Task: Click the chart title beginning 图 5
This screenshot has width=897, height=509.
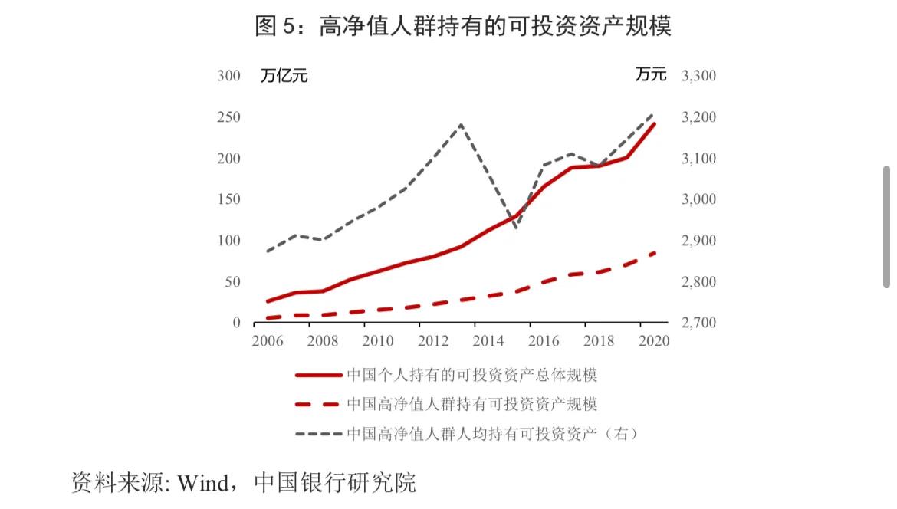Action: point(463,27)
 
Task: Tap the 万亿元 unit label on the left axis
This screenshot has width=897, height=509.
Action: point(284,76)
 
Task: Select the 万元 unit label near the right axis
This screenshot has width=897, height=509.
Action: point(650,75)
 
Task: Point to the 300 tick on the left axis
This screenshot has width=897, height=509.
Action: point(228,76)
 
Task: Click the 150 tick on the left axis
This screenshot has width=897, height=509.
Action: point(228,199)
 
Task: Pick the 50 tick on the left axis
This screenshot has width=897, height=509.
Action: point(232,282)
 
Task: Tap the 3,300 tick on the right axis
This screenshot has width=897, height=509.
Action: point(698,76)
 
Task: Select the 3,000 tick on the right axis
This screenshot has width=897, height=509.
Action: point(698,199)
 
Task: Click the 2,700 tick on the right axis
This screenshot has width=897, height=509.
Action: point(698,323)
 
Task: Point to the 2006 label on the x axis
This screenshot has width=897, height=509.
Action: point(268,341)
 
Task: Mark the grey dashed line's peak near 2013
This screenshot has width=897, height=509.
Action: point(460,124)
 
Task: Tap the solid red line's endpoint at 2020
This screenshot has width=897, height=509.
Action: point(654,123)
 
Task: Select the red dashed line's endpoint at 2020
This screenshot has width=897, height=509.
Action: point(655,252)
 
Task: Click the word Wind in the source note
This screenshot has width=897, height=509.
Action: point(202,483)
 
